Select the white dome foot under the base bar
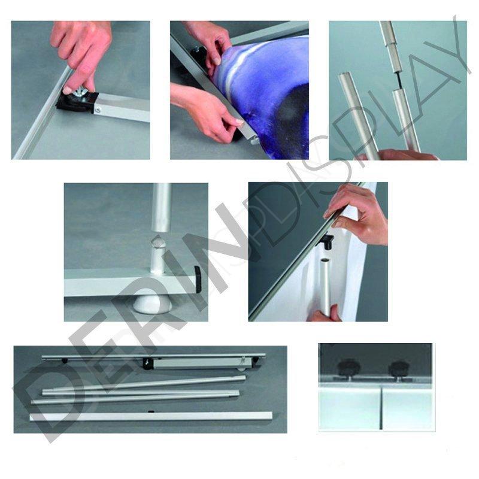pos(153,304)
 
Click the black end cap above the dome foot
pos(198,279)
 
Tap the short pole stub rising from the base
pos(157,255)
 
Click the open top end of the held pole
pos(325,260)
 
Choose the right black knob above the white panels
pos(399,368)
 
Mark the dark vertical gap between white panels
pos(381,409)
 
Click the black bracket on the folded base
pos(148,363)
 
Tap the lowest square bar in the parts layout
pos(151,416)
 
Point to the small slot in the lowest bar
pos(151,412)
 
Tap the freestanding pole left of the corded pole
pos(358,116)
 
